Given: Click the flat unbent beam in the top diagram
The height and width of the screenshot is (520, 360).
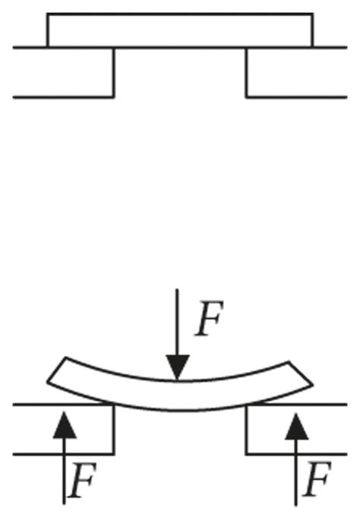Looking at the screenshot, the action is point(179,30).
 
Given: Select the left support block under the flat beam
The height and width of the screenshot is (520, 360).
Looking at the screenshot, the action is point(64,72).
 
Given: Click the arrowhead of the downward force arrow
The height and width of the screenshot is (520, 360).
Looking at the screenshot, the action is point(178,370).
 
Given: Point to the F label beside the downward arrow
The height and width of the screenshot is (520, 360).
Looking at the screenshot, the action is point(210,320).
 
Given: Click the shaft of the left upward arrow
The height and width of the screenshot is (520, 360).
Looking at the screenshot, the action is point(66,471).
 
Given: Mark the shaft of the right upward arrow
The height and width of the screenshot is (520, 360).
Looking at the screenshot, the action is point(296,471).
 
